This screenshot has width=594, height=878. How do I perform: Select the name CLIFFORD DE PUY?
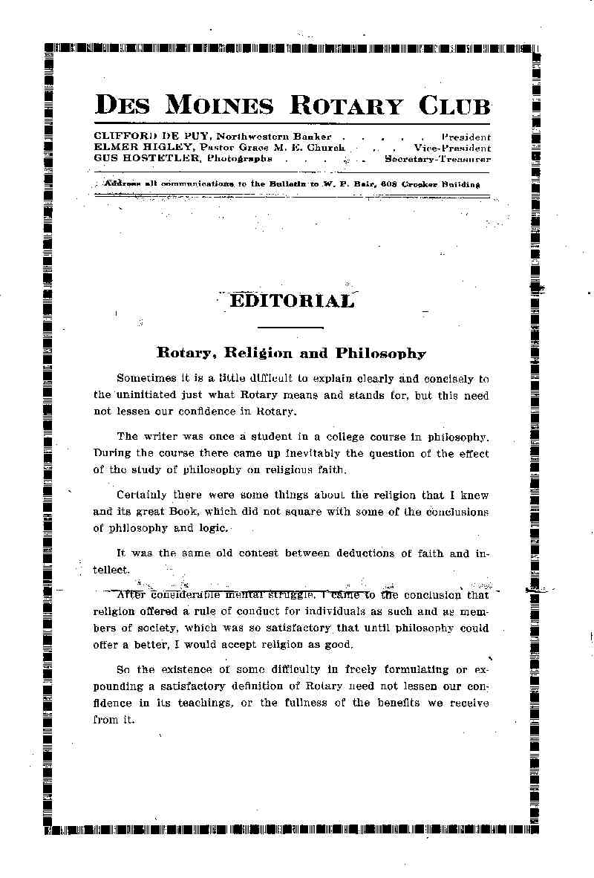152,137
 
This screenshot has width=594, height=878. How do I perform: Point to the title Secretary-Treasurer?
437,158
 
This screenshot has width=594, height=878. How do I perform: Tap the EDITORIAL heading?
291,301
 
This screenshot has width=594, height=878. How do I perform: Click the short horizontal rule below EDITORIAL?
290,328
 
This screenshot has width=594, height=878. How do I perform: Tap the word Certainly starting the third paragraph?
143,495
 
